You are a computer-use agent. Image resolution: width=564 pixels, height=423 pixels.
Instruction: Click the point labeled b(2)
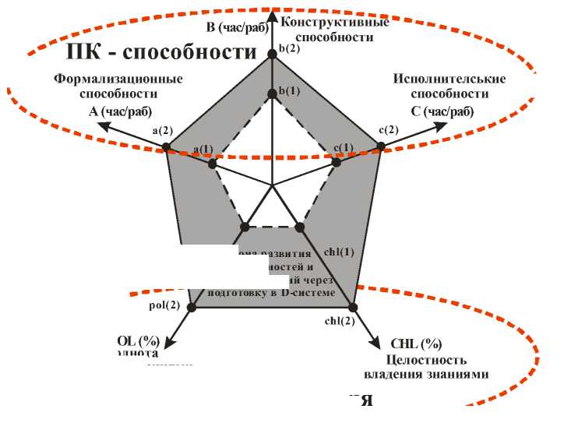tap(272, 53)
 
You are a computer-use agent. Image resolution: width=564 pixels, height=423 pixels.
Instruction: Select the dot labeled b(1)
tap(272, 94)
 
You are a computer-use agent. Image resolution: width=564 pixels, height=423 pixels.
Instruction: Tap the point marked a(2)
tap(166, 146)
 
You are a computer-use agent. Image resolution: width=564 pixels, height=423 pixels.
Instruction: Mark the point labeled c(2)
tap(382, 146)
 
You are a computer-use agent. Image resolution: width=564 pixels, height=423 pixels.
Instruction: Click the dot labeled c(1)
tap(337, 163)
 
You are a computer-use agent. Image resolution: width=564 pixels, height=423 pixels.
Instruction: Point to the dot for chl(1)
tap(301, 227)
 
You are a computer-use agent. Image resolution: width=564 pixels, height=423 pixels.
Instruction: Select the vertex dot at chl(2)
tap(352, 307)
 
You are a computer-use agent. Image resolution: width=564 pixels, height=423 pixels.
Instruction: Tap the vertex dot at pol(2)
tap(193, 307)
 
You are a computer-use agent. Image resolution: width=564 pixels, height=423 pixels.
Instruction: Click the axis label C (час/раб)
tap(442, 111)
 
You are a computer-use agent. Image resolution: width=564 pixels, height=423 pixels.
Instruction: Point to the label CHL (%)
tap(417, 344)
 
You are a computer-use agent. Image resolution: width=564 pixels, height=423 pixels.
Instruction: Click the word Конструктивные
tap(335, 21)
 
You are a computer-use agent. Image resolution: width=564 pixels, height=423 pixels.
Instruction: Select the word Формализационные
tap(118, 79)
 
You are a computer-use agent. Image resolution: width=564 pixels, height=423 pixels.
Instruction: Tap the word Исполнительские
tap(449, 79)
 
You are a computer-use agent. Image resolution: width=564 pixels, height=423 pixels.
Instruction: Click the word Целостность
tap(426, 359)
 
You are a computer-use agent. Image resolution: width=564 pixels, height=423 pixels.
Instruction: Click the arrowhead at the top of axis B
tap(272, 13)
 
